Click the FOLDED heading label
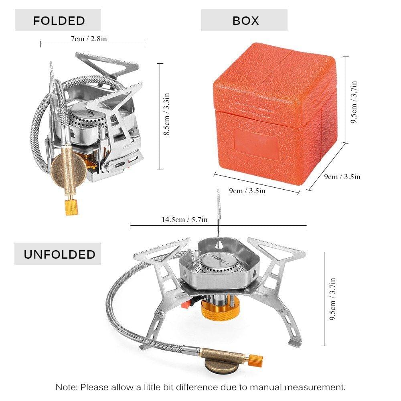coord(59,20)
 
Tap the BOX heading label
coord(245,20)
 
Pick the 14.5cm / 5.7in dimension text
coord(184,219)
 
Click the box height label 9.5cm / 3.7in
coord(354,102)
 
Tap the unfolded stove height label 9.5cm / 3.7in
coord(332,299)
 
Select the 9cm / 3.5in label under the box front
coord(247,191)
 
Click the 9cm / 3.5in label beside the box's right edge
coord(342,176)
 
